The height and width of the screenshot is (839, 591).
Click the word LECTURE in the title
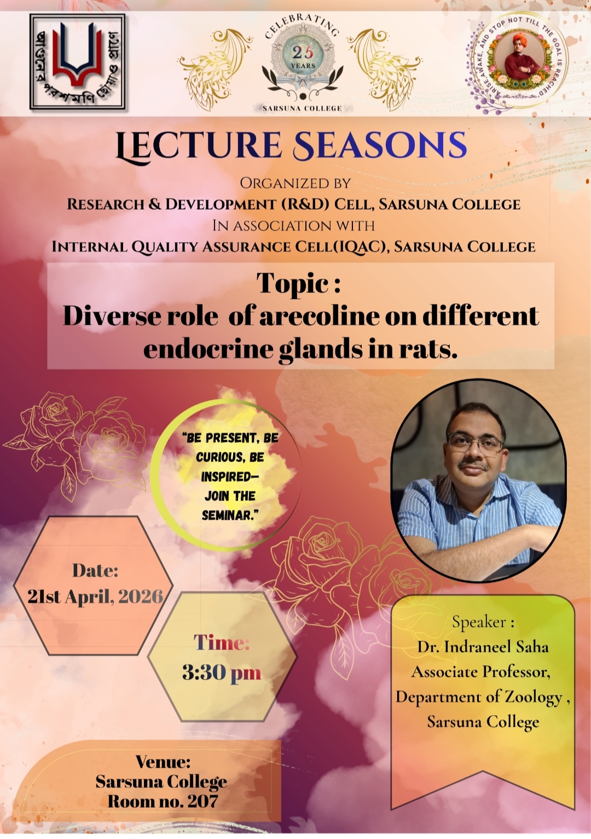point(199,146)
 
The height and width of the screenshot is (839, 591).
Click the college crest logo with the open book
point(78,62)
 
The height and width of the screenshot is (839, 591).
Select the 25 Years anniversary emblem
point(303,60)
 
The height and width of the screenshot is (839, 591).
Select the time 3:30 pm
point(222,673)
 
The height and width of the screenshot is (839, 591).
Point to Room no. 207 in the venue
point(163,801)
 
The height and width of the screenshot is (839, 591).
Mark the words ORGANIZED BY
point(296,183)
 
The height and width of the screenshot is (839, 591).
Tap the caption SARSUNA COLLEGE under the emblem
point(302,108)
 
